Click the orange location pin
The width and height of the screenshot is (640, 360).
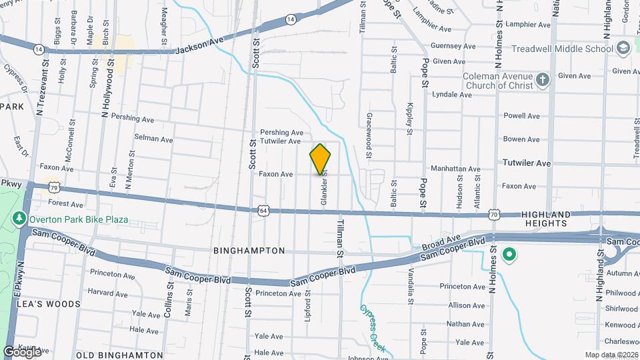coord(321,159)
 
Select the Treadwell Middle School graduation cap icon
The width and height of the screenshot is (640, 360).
coord(623,49)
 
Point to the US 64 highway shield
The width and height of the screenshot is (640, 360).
coord(264,211)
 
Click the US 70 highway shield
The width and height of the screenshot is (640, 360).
coord(494,214)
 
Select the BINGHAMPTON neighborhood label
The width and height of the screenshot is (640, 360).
coord(249,251)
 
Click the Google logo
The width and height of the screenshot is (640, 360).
coord(22,351)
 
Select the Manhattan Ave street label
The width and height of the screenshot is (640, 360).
coord(455,169)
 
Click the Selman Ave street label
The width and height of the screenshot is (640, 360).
coord(153,139)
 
